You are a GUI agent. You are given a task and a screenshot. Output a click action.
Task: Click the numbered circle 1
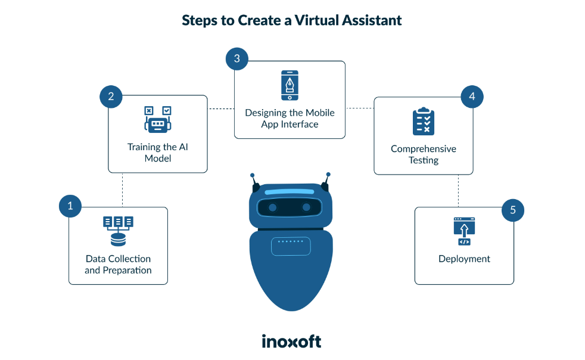pos(70,206)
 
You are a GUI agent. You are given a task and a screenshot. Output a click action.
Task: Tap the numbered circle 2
pos(111,95)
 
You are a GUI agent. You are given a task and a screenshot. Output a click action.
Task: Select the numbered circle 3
pos(237,58)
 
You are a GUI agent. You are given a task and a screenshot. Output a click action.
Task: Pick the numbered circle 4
pos(472,95)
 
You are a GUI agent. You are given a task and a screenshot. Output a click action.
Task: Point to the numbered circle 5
pos(512,210)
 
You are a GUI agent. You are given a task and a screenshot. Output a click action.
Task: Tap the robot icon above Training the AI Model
pos(157,120)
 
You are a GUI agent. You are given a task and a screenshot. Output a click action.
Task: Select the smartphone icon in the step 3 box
pos(290,86)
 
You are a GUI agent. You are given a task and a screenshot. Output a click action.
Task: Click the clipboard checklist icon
pos(424,122)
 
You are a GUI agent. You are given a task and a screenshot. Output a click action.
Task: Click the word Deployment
pos(464,259)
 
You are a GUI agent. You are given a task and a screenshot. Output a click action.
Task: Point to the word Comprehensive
pos(424,149)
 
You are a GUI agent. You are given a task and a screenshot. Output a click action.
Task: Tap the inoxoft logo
pos(291,341)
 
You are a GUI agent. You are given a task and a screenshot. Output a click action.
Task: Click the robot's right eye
pos(306,207)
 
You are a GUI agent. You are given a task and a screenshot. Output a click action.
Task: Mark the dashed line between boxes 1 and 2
pos(123,190)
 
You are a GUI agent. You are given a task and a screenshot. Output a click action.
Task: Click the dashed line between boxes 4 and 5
pos(458,191)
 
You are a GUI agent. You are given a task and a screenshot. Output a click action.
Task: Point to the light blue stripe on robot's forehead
pos(289,193)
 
